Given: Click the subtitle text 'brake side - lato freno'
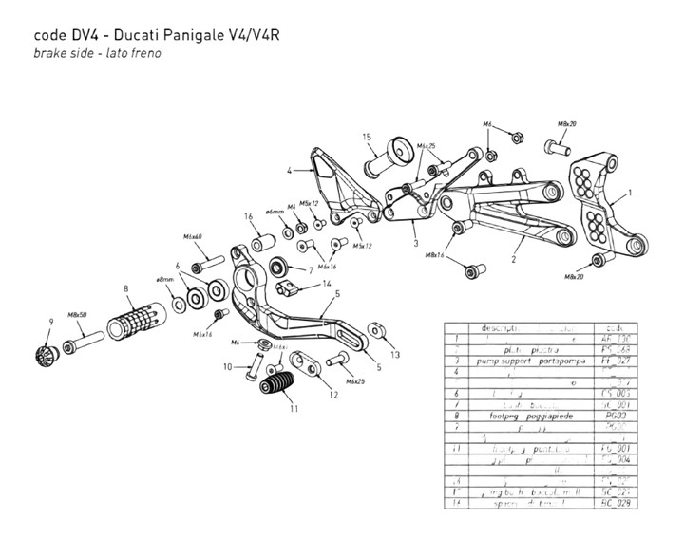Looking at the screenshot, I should (97, 53).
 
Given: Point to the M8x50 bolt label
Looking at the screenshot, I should (79, 313).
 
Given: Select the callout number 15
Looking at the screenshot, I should (366, 138).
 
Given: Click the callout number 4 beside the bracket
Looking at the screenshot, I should (289, 172).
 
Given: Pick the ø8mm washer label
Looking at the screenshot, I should (164, 280).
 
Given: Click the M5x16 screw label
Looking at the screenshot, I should (202, 333).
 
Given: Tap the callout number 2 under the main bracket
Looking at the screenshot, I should (513, 257).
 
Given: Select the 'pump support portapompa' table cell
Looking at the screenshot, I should (527, 361).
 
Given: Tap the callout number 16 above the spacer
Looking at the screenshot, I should (247, 216).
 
